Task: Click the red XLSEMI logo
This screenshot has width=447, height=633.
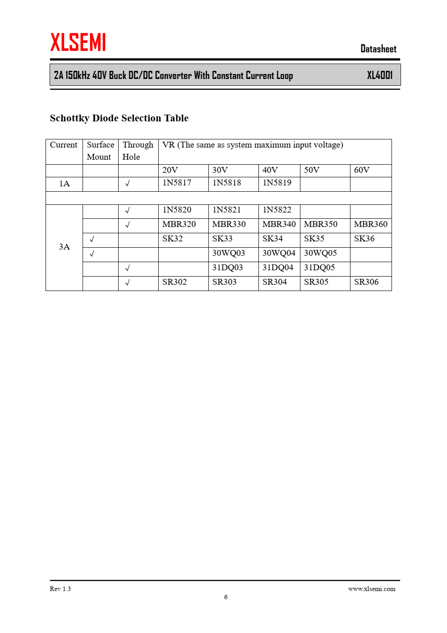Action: (x=78, y=42)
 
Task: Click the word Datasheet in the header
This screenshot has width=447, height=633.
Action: (x=378, y=49)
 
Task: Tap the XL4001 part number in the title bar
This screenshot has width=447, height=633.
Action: (x=379, y=75)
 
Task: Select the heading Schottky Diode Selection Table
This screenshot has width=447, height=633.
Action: (x=119, y=118)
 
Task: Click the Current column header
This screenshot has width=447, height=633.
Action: (x=64, y=145)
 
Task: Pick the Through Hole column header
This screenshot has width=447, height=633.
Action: (x=138, y=151)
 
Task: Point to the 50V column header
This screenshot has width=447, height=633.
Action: (x=312, y=170)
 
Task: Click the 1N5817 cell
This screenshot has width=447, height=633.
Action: (x=177, y=183)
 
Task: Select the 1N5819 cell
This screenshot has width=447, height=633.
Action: (x=277, y=183)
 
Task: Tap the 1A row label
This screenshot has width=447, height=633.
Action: (x=65, y=184)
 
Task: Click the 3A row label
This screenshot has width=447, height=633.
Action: (x=65, y=247)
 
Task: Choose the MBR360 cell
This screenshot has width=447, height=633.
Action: (x=370, y=224)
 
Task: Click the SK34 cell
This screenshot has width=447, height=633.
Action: (x=272, y=239)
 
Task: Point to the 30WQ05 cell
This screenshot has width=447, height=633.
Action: (x=320, y=253)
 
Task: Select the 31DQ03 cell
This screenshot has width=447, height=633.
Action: (x=227, y=268)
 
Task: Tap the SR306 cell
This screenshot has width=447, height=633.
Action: (x=366, y=282)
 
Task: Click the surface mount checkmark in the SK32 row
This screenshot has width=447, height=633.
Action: (x=92, y=239)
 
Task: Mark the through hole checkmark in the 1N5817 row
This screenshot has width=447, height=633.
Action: (x=128, y=184)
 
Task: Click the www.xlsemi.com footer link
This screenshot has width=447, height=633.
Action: (x=371, y=589)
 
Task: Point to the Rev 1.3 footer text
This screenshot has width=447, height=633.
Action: (x=60, y=589)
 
